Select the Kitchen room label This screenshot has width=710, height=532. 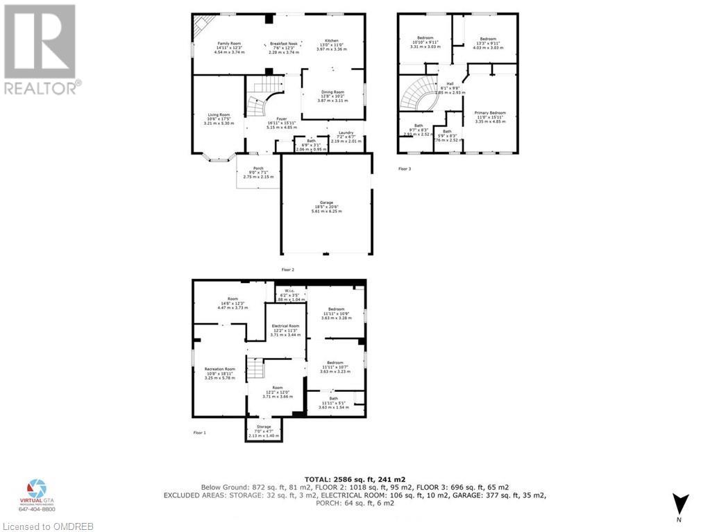pos(332,41)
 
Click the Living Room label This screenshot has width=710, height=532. pos(219,114)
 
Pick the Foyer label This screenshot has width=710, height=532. pos(282,119)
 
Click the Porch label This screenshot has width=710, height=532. pos(258,169)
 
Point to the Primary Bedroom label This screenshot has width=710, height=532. pos(490,112)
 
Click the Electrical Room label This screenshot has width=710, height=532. pos(285,326)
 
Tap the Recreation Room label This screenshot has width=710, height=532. pos(219,369)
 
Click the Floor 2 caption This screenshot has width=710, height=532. pos(287,269)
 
